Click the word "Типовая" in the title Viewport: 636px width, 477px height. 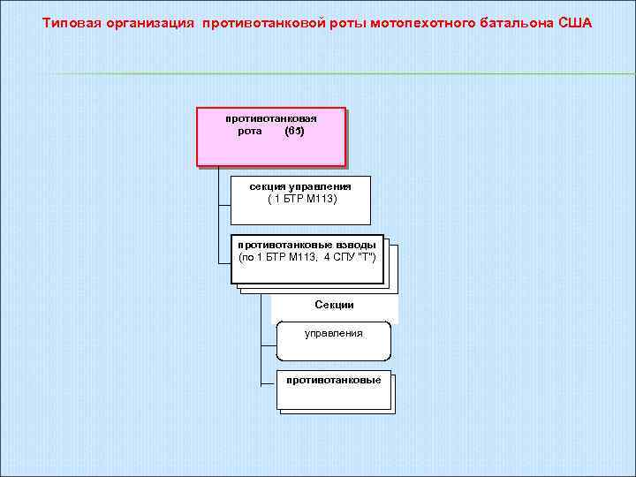pyautogui.click(x=72, y=21)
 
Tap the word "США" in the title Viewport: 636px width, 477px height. pyautogui.click(x=575, y=21)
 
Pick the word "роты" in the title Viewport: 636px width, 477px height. pyautogui.click(x=349, y=21)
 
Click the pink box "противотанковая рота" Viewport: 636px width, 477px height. pyautogui.click(x=270, y=137)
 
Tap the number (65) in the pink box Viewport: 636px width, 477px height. pyautogui.click(x=295, y=131)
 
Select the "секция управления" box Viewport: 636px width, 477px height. pyautogui.click(x=300, y=201)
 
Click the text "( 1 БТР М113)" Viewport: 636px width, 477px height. pyautogui.click(x=302, y=199)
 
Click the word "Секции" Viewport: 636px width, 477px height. pyautogui.click(x=334, y=305)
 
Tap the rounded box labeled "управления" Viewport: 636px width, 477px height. pyautogui.click(x=334, y=341)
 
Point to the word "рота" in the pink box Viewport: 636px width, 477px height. pyautogui.click(x=250, y=131)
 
